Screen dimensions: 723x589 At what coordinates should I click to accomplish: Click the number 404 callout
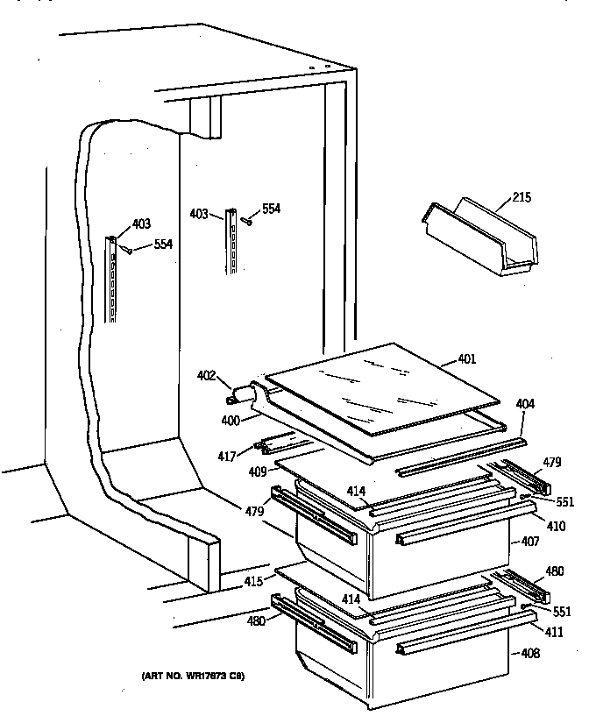pyautogui.click(x=525, y=404)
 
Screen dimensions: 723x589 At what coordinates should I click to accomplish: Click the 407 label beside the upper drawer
pyautogui.click(x=530, y=541)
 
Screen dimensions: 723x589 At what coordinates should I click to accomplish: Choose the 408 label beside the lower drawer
pyautogui.click(x=530, y=652)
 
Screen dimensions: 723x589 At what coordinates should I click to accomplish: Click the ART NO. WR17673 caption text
pyautogui.click(x=192, y=677)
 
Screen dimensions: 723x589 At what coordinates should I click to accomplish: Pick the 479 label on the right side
pyautogui.click(x=551, y=462)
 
